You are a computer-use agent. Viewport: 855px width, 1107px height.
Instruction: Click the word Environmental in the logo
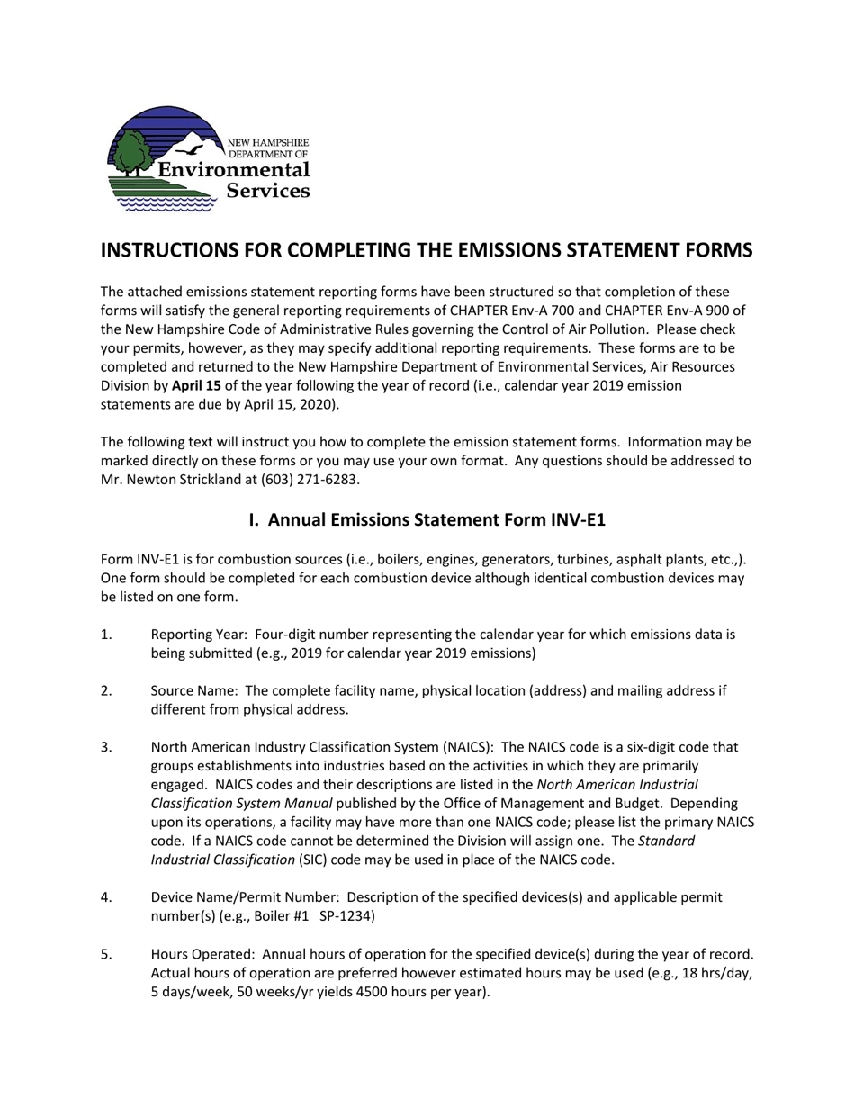coord(233,170)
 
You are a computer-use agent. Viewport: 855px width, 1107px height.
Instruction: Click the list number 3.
coord(106,747)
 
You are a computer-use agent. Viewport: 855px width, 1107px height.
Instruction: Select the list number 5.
coord(106,954)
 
